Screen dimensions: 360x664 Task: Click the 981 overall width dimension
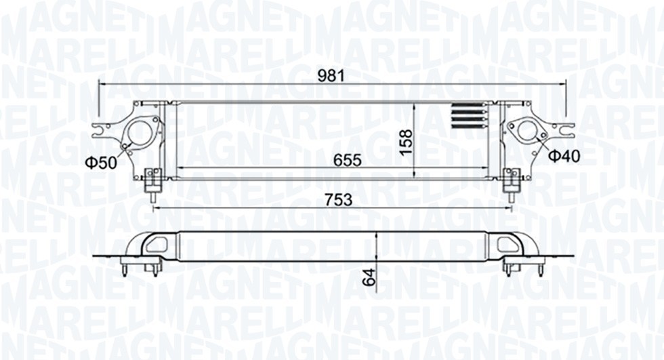coord(332,76)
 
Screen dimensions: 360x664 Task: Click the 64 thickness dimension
coord(369,277)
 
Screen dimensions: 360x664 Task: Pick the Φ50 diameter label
coord(100,162)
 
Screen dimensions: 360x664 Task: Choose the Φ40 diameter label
coord(564,157)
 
